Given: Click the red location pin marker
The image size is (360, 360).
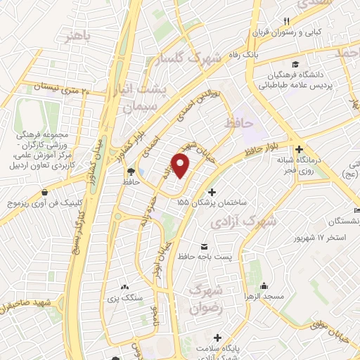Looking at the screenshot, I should tap(181, 166).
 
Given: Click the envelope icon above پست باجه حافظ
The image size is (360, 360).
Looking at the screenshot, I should tap(205, 246).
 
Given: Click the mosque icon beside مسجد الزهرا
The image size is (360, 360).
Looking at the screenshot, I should tap(264, 287).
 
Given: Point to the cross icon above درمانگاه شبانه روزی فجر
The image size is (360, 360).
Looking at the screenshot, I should tap(299, 149).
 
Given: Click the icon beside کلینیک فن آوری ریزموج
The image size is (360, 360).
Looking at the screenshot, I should tap(45, 192).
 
